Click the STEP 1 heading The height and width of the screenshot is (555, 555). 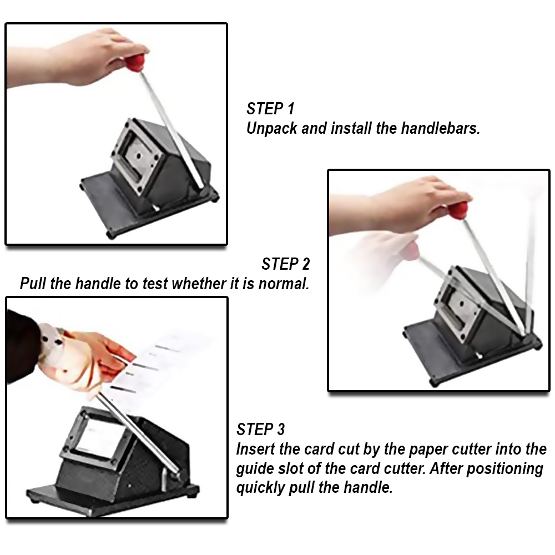tap(270, 109)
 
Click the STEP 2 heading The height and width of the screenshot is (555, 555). tap(286, 264)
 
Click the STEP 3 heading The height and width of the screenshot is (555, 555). tap(260, 430)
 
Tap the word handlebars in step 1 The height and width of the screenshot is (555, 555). tap(440, 128)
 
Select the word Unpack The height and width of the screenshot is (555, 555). tap(272, 129)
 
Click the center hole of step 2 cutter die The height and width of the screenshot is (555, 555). tap(462, 304)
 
